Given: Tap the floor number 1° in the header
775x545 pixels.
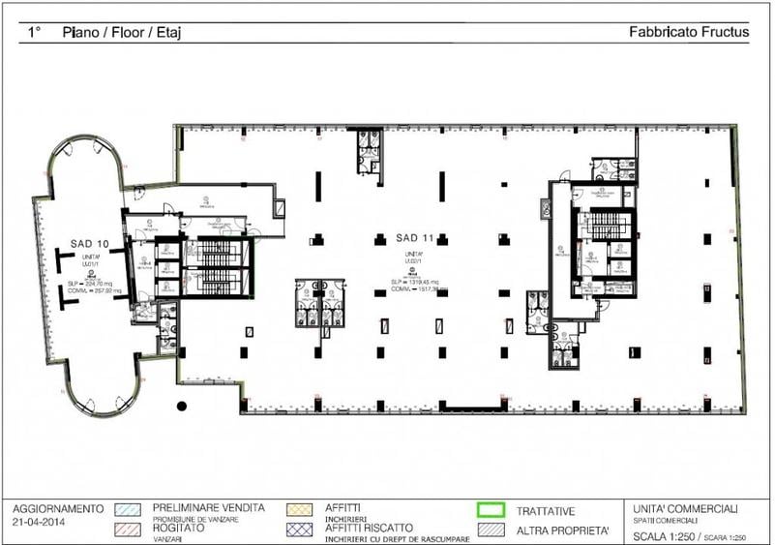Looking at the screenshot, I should [x=35, y=32].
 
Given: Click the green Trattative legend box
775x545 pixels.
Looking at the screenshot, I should [x=491, y=508].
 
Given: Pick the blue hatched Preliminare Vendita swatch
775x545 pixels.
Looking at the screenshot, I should [x=127, y=508].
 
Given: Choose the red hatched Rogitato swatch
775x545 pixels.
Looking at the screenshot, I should [x=127, y=529].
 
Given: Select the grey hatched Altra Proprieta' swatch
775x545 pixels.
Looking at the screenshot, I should [x=491, y=529].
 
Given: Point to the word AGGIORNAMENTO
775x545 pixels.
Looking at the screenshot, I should [x=58, y=508].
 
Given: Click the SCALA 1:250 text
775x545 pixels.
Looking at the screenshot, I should [x=664, y=536].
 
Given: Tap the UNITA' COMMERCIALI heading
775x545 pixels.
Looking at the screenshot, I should [x=687, y=508].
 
